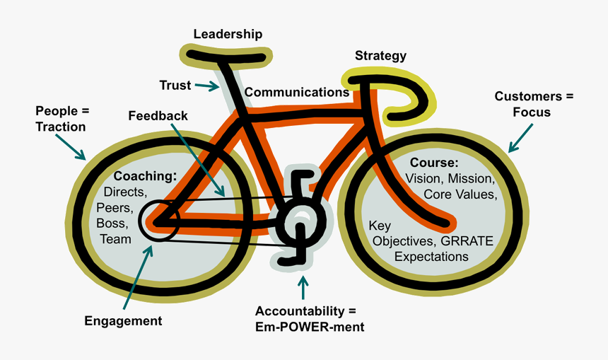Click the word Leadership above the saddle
point(228,34)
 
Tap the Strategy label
point(380,56)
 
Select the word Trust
point(175,86)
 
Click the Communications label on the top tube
point(296,93)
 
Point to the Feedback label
point(158,115)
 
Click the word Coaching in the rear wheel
point(144,176)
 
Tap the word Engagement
point(123,320)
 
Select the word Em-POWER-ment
point(310,326)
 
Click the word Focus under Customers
point(532,112)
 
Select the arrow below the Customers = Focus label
point(522,139)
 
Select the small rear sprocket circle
point(155,221)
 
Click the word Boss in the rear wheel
point(112,223)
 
